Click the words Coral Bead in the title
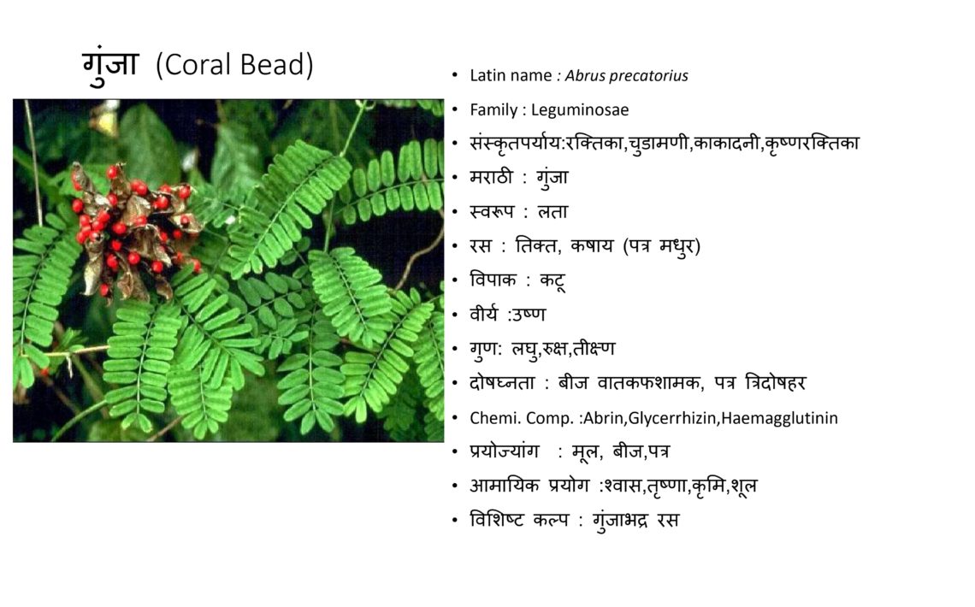tap(234, 65)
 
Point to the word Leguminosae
tap(580, 110)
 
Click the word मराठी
tap(491, 178)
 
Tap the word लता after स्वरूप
tap(552, 212)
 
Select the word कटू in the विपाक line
tap(552, 280)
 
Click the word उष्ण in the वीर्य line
tap(528, 315)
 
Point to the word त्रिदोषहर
tap(776, 383)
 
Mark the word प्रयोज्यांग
tap(505, 451)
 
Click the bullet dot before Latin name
tap(455, 76)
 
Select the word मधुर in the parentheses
tap(677, 247)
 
